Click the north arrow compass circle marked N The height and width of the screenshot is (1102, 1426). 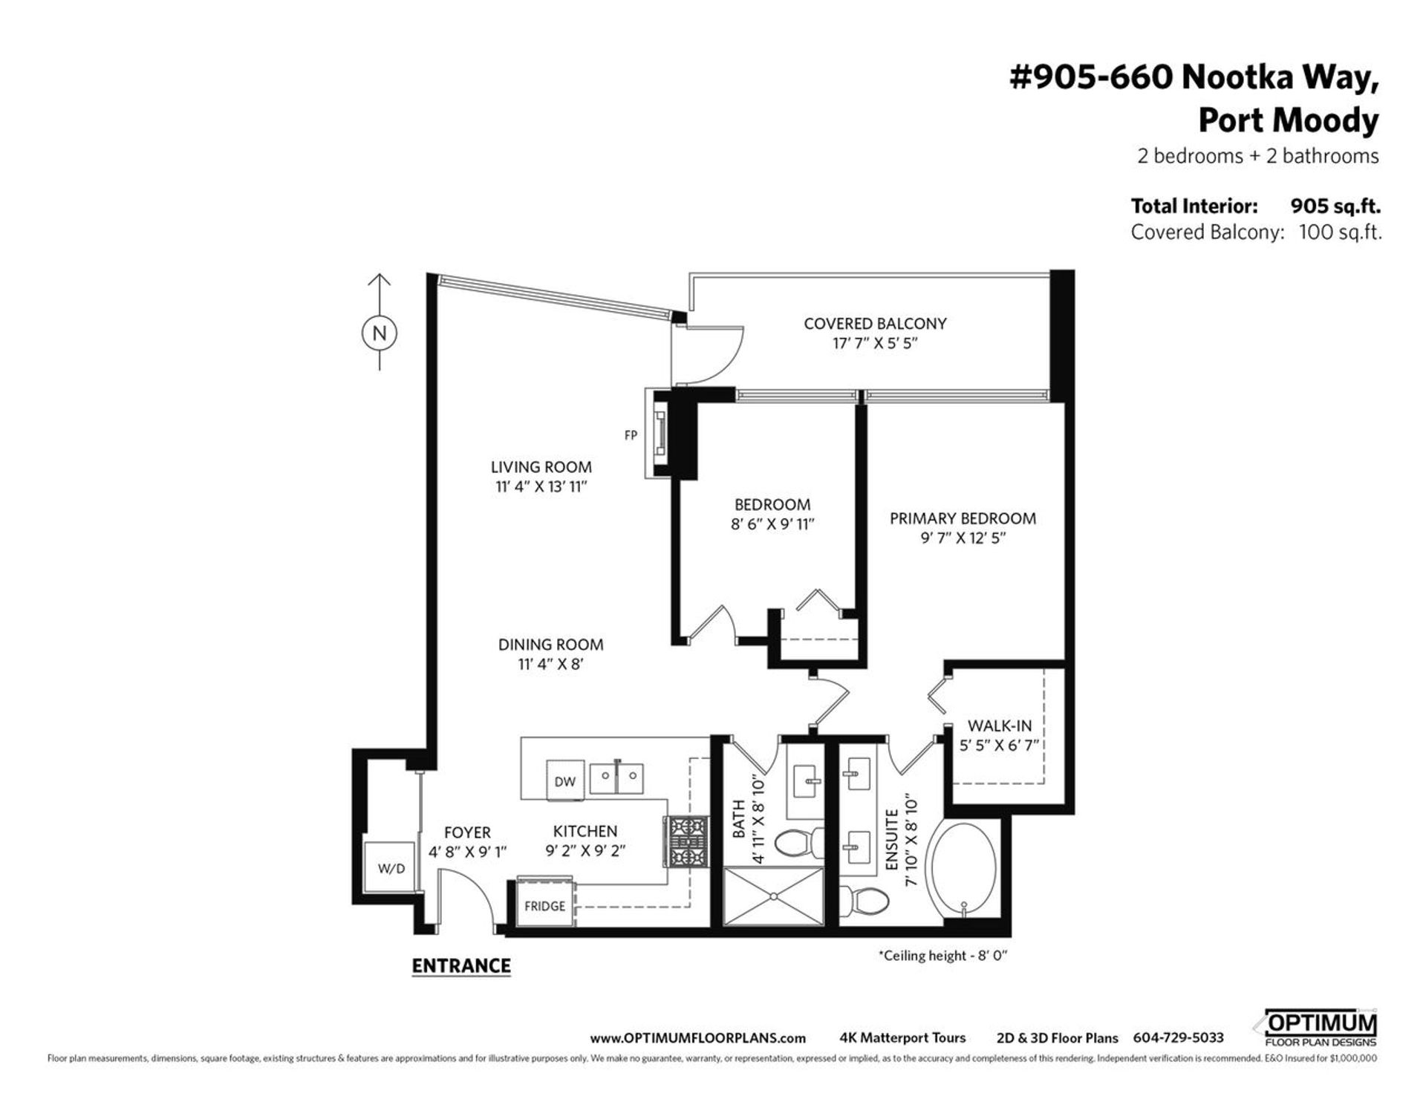click(x=380, y=333)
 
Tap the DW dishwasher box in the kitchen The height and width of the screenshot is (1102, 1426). click(x=565, y=780)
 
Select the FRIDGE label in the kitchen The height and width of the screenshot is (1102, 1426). click(x=544, y=906)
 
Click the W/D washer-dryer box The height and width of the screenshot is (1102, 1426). click(x=391, y=867)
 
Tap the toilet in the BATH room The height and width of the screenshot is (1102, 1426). click(x=799, y=842)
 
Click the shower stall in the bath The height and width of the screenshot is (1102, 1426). click(x=774, y=896)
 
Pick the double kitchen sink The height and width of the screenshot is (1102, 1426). click(x=616, y=777)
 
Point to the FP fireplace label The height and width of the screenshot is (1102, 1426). click(x=631, y=435)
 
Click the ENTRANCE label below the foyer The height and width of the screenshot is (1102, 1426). click(x=461, y=965)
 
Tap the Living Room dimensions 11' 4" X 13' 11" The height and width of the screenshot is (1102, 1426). click(x=541, y=486)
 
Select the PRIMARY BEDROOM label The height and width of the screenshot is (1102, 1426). click(x=963, y=518)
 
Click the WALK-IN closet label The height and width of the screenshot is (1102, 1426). click(x=999, y=726)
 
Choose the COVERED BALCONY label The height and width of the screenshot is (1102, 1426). click(x=875, y=323)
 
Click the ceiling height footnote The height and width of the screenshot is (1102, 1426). click(x=942, y=955)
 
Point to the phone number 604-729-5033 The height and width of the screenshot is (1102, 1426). click(x=1178, y=1038)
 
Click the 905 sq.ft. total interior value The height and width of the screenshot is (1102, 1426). click(x=1335, y=206)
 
